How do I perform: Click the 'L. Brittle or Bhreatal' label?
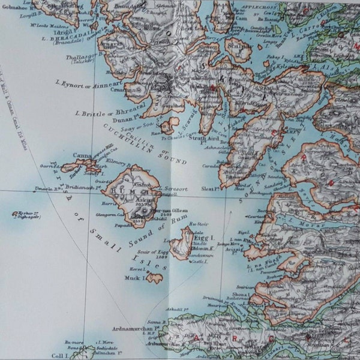[103, 113]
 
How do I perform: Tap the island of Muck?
[155, 278]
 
